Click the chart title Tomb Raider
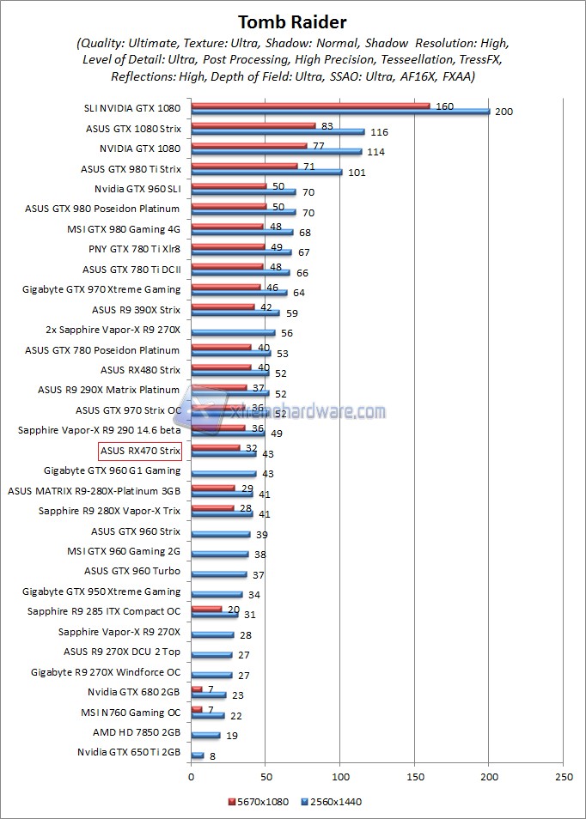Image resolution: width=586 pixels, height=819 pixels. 292,21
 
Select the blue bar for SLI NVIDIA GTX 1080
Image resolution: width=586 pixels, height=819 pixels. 340,112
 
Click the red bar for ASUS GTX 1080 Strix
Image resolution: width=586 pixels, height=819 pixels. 253,125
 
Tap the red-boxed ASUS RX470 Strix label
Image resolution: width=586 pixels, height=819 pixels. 140,451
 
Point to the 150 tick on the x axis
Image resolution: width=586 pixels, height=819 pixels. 415,777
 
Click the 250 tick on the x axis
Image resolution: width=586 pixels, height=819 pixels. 564,777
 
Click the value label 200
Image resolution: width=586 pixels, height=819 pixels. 504,112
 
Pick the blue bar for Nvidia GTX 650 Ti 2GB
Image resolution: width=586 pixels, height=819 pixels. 198,755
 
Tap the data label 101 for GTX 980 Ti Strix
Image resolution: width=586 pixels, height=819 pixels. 355,173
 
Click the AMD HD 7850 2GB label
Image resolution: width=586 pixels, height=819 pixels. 137,732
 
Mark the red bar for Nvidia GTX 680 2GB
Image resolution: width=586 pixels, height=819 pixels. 197,689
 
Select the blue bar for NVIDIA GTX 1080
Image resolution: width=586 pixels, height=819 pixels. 276,152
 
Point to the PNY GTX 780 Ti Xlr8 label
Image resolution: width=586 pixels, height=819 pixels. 134,249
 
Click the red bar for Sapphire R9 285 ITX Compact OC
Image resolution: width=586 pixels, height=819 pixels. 206,608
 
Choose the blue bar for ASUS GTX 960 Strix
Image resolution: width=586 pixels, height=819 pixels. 220,534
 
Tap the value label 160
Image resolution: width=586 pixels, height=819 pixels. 444,106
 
